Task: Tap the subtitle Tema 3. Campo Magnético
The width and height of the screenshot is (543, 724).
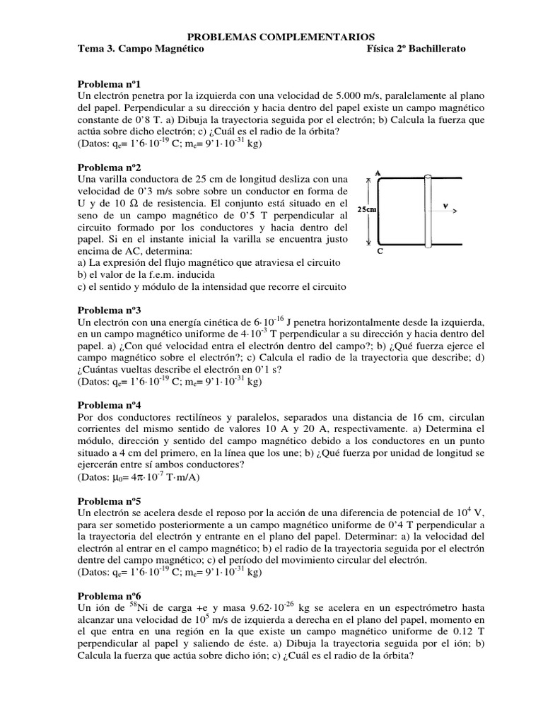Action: click(140, 49)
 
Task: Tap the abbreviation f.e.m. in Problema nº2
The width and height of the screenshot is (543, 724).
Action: click(156, 274)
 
